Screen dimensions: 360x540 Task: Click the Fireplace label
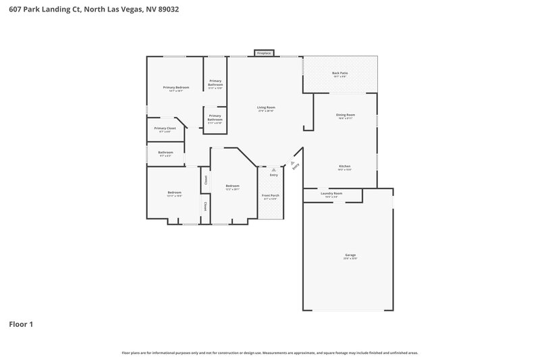point(263,53)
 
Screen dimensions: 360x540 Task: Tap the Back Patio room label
point(340,73)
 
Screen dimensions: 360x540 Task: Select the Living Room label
point(266,107)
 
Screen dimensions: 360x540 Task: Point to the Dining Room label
point(346,115)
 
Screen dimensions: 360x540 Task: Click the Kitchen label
point(344,166)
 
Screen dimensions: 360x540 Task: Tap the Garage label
point(350,255)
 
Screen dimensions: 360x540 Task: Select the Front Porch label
point(271,195)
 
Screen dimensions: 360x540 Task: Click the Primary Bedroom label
point(176,87)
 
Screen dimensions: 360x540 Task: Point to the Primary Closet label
point(165,128)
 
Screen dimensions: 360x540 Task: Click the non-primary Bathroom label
point(165,152)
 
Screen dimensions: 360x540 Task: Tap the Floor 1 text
point(21,324)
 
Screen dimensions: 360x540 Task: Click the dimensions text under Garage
point(350,259)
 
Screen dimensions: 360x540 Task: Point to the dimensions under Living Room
point(266,111)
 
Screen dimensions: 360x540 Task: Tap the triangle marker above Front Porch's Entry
point(273,170)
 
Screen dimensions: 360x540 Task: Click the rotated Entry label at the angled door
point(294,165)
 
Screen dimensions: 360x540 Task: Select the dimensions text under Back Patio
point(340,76)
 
